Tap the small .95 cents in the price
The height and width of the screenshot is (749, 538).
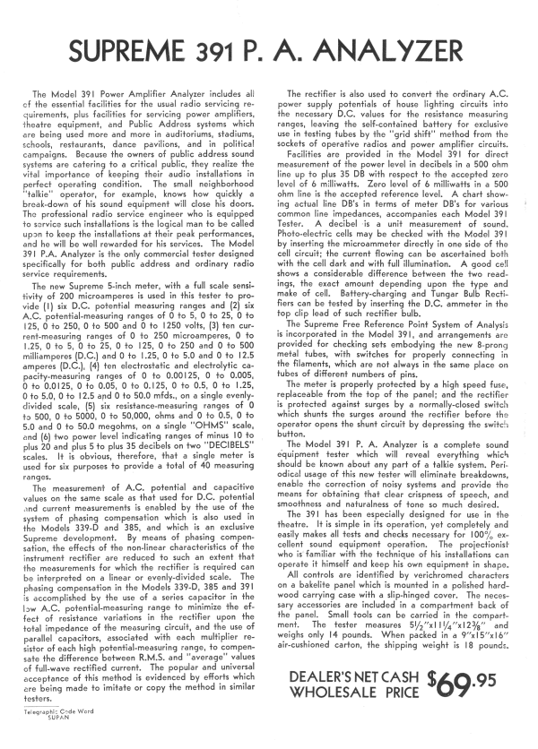point(500,682)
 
